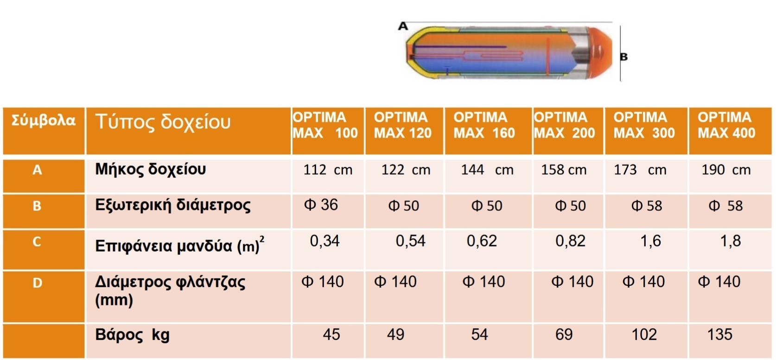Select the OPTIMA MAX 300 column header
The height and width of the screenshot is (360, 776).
point(644,125)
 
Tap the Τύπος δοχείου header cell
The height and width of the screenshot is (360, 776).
point(163,122)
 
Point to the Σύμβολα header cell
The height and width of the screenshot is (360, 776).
point(43,120)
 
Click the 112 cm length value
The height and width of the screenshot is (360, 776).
point(328,170)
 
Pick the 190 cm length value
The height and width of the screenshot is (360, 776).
point(726,170)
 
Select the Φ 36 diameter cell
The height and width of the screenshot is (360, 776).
point(321,205)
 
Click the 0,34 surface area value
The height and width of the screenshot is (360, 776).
point(324,241)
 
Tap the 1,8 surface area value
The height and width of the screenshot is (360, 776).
point(730,241)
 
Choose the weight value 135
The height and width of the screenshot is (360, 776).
point(719,334)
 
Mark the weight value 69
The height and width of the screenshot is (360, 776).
point(564,334)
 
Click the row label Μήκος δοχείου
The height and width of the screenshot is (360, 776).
point(150,169)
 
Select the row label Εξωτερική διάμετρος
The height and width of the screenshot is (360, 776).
point(172,205)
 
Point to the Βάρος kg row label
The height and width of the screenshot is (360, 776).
point(132,335)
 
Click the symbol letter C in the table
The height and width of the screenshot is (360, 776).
point(37,241)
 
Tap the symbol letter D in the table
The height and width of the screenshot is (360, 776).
point(38,283)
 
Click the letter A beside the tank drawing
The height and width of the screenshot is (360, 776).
point(403,26)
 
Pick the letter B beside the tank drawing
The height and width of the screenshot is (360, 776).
point(623,57)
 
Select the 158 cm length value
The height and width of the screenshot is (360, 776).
point(564,170)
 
